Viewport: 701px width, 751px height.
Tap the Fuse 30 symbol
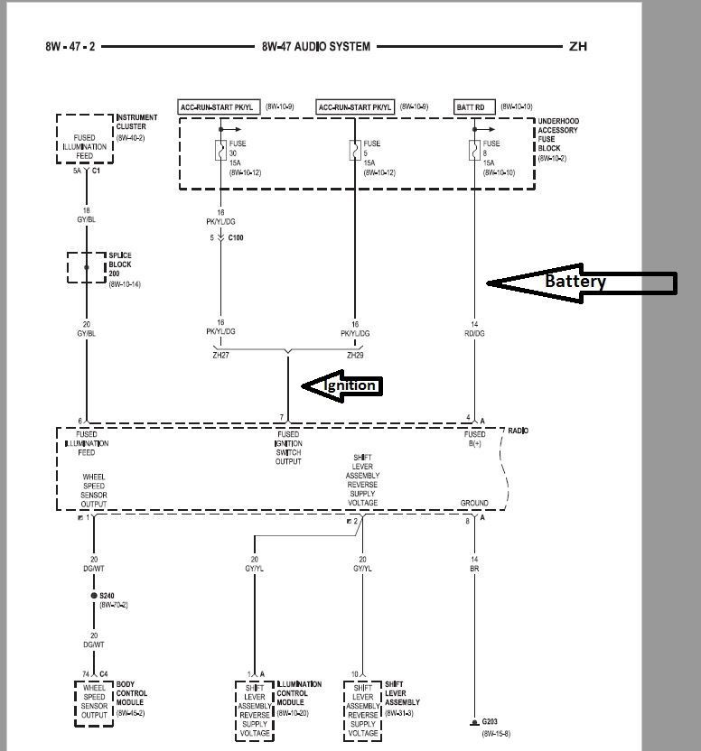pos(220,150)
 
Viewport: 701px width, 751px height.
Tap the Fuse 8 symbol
pos(474,150)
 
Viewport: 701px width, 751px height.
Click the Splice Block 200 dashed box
pos(87,268)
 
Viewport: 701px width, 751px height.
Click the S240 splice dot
pos(93,596)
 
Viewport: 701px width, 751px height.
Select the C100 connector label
pos(235,237)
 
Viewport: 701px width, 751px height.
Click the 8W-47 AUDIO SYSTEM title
pos(315,46)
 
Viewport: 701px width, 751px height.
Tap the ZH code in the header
pos(577,46)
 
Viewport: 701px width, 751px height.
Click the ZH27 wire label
pos(220,355)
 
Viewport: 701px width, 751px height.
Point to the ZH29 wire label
pos(355,355)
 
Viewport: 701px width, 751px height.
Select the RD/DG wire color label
pos(474,334)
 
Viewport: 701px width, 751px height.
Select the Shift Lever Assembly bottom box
pos(363,709)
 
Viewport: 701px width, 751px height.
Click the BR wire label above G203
pos(473,570)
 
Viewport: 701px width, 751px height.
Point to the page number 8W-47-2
pos(70,46)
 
